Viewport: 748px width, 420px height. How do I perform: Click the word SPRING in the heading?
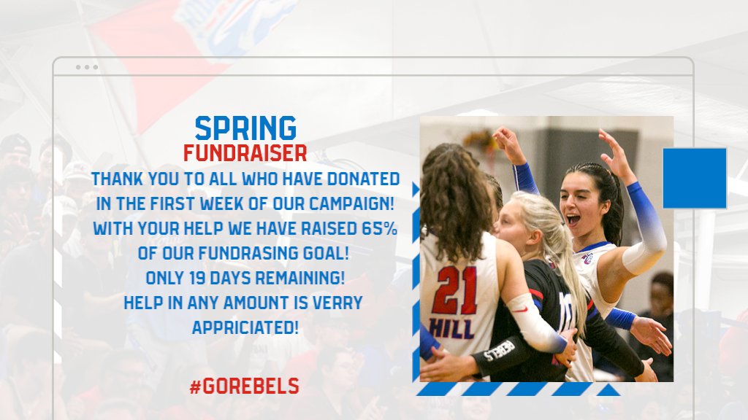[x=245, y=128]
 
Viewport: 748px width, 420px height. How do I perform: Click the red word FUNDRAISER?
[x=245, y=154]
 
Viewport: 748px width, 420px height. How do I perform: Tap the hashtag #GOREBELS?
[x=244, y=386]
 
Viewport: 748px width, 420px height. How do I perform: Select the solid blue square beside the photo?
[x=694, y=179]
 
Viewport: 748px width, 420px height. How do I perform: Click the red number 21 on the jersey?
[x=454, y=289]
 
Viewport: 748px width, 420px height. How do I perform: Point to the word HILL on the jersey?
[x=451, y=327]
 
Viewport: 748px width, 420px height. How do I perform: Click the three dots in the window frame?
[x=86, y=67]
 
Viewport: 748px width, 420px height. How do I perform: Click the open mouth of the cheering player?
[x=573, y=219]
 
